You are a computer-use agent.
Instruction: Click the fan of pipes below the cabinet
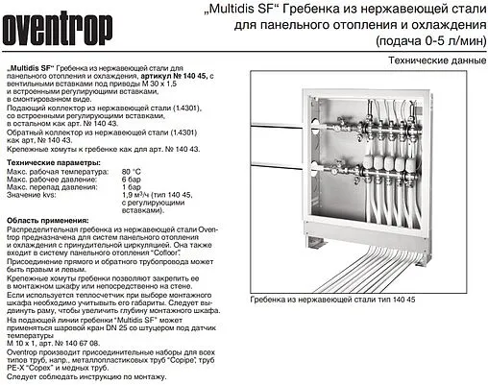[365, 264]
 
